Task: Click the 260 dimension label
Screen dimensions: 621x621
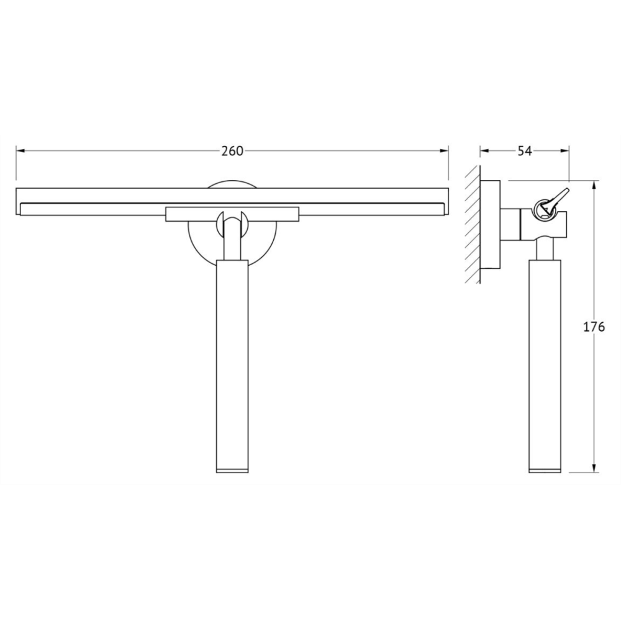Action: [232, 151]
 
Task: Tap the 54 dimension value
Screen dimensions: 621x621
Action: [525, 151]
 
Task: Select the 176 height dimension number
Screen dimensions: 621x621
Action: [594, 327]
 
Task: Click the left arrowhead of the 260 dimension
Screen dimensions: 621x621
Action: [20, 150]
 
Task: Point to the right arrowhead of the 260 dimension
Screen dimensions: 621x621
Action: [443, 150]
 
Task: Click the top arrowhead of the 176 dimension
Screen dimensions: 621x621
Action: [594, 186]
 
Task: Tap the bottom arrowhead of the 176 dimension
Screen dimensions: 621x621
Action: [594, 468]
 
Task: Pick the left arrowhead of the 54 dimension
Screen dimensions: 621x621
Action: [485, 150]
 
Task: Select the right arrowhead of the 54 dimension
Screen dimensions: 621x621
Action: [564, 150]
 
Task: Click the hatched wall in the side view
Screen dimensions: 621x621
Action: [473, 224]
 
